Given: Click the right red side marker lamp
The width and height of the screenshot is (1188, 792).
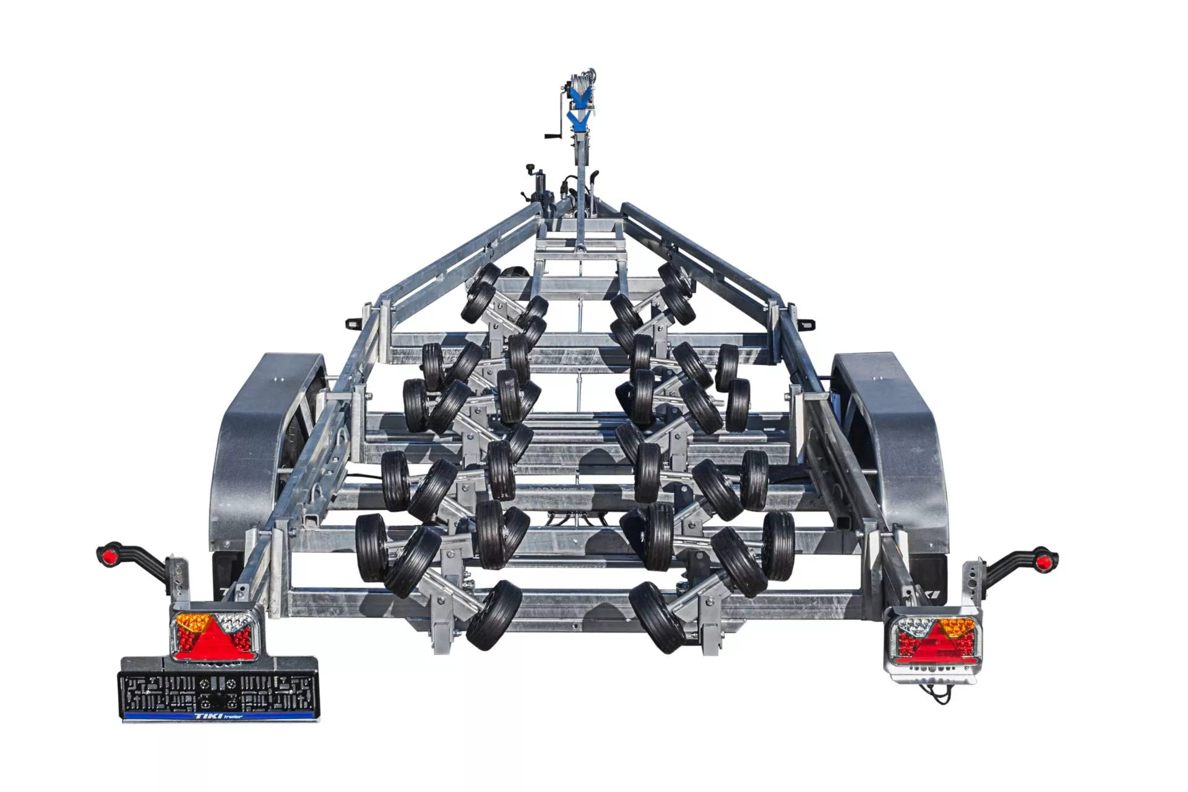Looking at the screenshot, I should coord(1046,562).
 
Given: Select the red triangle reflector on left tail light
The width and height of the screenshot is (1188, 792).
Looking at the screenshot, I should coord(212,638).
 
